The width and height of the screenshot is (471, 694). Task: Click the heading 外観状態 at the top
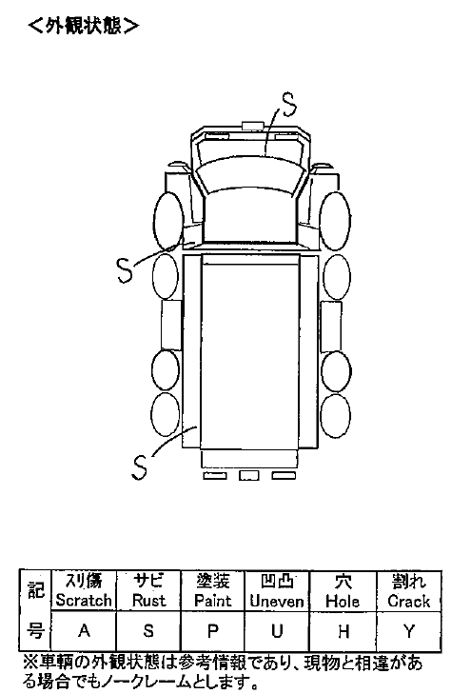click(83, 26)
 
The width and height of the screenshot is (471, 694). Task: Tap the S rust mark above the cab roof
click(289, 105)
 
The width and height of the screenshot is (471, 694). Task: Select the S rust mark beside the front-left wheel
click(126, 269)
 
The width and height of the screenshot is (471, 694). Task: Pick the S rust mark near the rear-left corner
click(139, 467)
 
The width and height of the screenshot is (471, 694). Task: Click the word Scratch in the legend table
click(84, 601)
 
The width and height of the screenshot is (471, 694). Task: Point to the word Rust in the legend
click(148, 601)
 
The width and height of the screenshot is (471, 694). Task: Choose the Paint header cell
click(213, 591)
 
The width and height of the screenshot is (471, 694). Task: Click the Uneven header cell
click(277, 591)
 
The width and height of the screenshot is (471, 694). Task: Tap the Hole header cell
click(343, 591)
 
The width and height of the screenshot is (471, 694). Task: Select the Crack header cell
click(408, 591)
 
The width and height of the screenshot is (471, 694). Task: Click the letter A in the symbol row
click(84, 630)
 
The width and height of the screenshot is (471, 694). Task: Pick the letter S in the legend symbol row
click(148, 630)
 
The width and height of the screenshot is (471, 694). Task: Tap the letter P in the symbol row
click(213, 630)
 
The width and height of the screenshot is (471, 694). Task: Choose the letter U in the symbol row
click(277, 630)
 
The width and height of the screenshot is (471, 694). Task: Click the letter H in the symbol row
click(343, 631)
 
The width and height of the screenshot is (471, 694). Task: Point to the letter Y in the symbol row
click(409, 631)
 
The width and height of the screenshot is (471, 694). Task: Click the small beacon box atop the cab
click(252, 126)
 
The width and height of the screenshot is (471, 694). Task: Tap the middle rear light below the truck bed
click(249, 475)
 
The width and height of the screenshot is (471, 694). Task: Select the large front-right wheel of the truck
click(335, 221)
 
